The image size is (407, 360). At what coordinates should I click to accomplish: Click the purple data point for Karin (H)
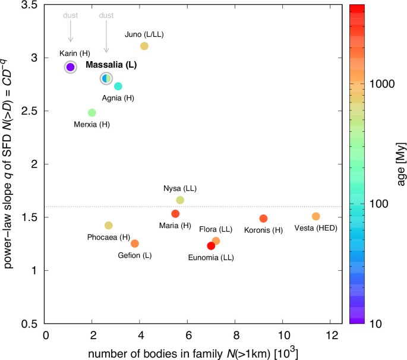(70, 67)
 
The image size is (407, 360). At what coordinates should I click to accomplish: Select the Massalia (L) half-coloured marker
(106, 78)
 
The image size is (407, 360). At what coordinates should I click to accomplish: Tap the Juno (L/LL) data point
(144, 46)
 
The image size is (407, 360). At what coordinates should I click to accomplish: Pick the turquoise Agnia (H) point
(118, 87)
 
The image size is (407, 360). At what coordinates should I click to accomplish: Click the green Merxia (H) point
(92, 112)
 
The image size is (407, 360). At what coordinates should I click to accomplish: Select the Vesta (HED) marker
(316, 216)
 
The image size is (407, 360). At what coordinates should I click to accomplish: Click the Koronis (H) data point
(263, 219)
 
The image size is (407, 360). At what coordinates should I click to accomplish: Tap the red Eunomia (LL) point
(211, 246)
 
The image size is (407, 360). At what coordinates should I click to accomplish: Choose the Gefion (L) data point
(135, 244)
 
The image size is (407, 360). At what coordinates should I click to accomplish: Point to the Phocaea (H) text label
(108, 237)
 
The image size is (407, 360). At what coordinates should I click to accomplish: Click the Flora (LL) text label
(216, 229)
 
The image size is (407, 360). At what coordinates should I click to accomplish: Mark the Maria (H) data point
(175, 214)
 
